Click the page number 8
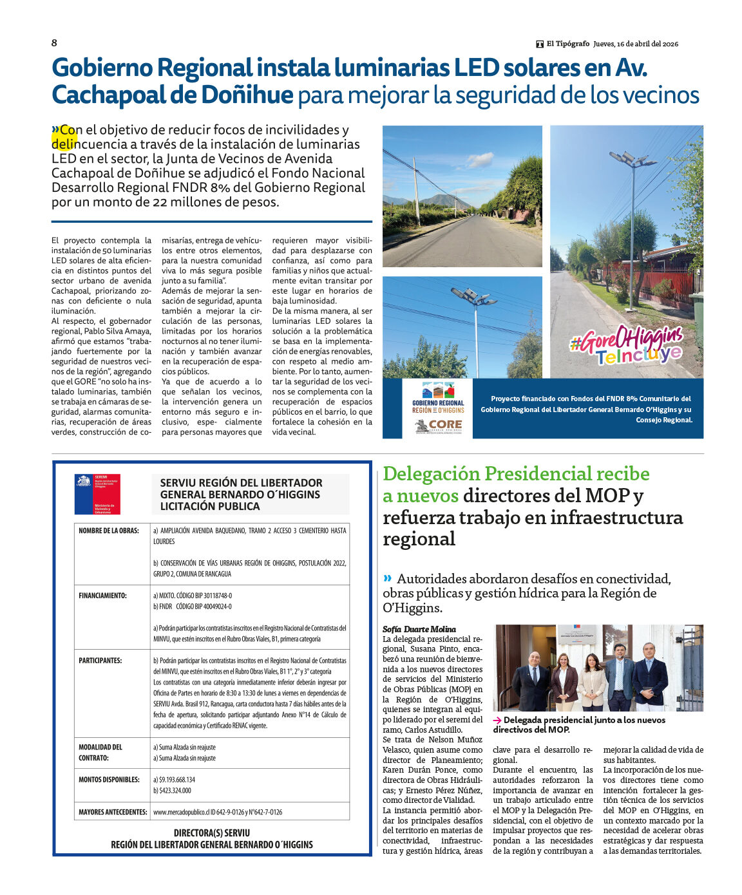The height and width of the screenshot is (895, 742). point(54,42)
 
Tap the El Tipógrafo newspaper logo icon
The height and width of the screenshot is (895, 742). point(540,44)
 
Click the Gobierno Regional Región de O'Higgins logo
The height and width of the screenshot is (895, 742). point(438,399)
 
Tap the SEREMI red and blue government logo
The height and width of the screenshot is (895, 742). point(97,494)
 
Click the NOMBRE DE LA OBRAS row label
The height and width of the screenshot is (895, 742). point(109,531)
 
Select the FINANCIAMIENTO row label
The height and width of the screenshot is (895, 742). point(102,596)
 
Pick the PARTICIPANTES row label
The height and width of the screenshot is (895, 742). point(100,661)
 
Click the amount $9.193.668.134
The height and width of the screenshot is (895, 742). point(174,779)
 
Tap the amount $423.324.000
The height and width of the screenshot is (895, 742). point(172,790)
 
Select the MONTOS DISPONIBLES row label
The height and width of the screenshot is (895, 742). point(109,779)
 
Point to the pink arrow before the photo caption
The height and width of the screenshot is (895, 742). point(497,721)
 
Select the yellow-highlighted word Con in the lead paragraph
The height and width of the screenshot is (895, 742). point(68,130)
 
